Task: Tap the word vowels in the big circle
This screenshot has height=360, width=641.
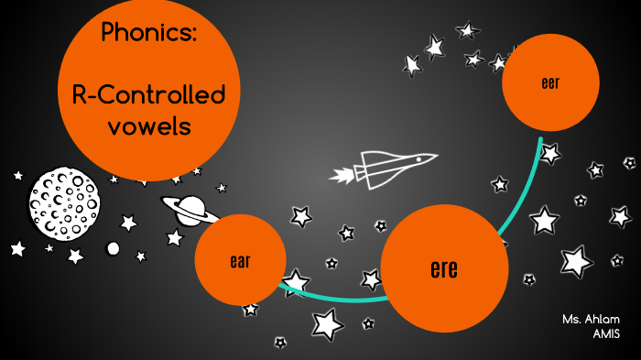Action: (x=148, y=126)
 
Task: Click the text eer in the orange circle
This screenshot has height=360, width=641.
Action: (x=550, y=83)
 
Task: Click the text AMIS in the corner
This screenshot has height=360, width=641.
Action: (x=606, y=333)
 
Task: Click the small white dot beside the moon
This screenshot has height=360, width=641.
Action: (x=113, y=248)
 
